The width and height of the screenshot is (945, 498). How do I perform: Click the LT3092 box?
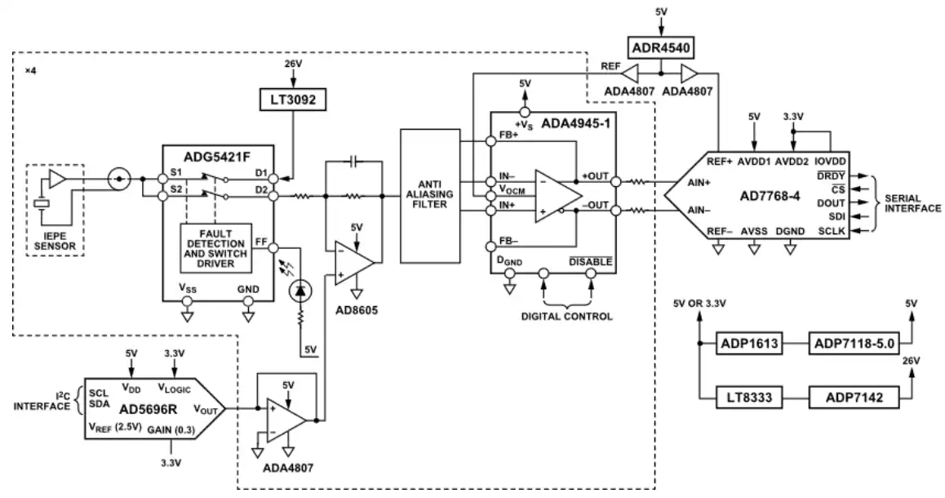pyautogui.click(x=293, y=100)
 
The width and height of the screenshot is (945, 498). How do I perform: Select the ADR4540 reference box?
pyautogui.click(x=660, y=47)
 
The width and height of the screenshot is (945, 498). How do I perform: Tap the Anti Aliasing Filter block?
pyautogui.click(x=430, y=195)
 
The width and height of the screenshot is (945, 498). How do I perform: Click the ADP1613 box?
pyautogui.click(x=749, y=345)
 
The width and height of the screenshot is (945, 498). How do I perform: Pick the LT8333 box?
pyautogui.click(x=749, y=398)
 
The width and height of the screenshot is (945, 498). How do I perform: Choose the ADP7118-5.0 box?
pyautogui.click(x=854, y=345)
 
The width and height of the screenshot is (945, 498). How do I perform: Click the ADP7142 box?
pyautogui.click(x=854, y=398)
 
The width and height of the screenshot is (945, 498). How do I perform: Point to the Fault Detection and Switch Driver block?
pyautogui.click(x=215, y=248)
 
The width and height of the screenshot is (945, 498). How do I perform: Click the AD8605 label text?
pyautogui.click(x=357, y=310)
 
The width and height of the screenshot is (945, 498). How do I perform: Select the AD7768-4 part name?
pyautogui.click(x=770, y=196)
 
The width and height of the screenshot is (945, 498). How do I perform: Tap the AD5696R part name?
pyautogui.click(x=148, y=409)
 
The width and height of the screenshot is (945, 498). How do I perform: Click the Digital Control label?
pyautogui.click(x=566, y=317)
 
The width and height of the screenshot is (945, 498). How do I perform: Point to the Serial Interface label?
pyautogui.click(x=912, y=203)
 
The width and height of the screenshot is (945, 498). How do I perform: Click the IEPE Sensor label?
pyautogui.click(x=55, y=241)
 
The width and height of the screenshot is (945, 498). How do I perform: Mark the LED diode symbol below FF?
pyautogui.click(x=299, y=291)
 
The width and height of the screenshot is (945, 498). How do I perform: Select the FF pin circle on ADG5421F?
pyautogui.click(x=273, y=247)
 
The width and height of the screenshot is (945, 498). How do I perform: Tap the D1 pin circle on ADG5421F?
pyautogui.click(x=273, y=179)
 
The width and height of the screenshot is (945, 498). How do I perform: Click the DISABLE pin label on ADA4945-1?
pyautogui.click(x=591, y=262)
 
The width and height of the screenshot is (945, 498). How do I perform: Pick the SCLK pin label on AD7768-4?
pyautogui.click(x=832, y=231)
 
